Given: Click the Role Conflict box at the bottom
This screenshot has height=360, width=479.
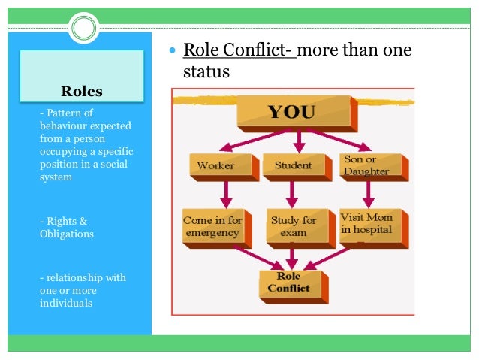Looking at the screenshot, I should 292,282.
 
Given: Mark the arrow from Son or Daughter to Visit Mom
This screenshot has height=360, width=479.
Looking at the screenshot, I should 368,193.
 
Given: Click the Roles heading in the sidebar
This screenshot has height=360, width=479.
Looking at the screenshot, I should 81,92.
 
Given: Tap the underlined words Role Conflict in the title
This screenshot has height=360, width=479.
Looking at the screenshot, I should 239,51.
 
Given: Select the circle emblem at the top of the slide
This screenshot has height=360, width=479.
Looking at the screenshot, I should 84,29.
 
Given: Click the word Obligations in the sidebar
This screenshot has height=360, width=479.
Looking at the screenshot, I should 68,234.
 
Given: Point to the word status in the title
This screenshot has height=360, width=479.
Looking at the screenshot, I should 206,73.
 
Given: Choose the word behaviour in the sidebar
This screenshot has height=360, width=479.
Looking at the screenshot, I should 64,127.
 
